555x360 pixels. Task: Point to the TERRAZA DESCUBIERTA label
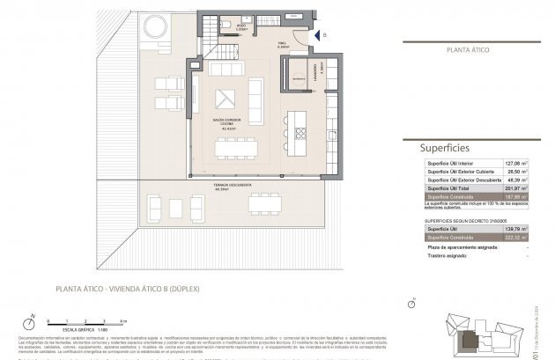233,186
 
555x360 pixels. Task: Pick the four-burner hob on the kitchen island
300,134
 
